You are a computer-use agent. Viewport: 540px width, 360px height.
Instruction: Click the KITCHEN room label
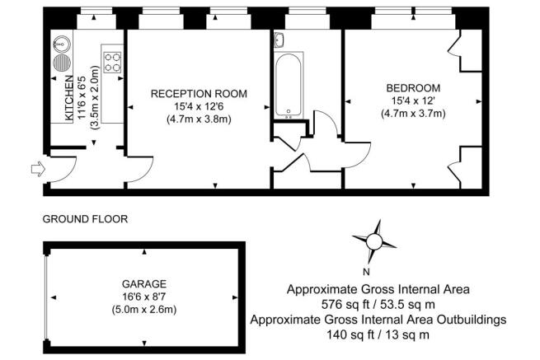click(69, 98)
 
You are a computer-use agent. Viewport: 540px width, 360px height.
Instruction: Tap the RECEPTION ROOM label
click(199, 94)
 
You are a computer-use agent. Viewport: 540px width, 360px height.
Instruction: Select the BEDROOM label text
click(413, 88)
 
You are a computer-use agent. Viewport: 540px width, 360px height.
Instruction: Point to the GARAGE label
click(144, 284)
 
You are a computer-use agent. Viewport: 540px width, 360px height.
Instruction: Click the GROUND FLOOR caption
click(85, 219)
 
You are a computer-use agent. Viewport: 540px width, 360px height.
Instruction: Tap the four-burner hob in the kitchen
click(113, 62)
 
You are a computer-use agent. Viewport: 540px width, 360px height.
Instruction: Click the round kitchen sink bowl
click(62, 44)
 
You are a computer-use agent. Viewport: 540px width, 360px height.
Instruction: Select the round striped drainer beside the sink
click(62, 63)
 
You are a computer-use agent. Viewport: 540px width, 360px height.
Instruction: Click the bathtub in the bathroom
click(289, 85)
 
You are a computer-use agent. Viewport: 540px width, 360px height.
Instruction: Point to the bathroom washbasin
click(279, 40)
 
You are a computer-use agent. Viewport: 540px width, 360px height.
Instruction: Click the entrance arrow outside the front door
click(38, 169)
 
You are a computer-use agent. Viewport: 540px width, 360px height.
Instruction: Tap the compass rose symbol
click(374, 241)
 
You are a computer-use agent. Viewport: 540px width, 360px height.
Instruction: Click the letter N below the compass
click(366, 272)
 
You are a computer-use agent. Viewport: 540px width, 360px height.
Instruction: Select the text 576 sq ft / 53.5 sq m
click(378, 304)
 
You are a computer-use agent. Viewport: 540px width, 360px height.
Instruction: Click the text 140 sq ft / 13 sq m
click(378, 334)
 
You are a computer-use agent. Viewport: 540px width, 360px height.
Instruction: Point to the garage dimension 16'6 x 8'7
click(144, 297)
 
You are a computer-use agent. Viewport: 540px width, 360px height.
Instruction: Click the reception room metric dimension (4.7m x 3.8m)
click(199, 119)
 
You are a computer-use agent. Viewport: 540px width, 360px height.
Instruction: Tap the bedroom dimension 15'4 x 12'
click(413, 101)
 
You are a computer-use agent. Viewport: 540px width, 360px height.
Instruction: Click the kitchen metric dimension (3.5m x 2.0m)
click(94, 97)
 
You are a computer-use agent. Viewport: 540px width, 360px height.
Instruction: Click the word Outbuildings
click(472, 320)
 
